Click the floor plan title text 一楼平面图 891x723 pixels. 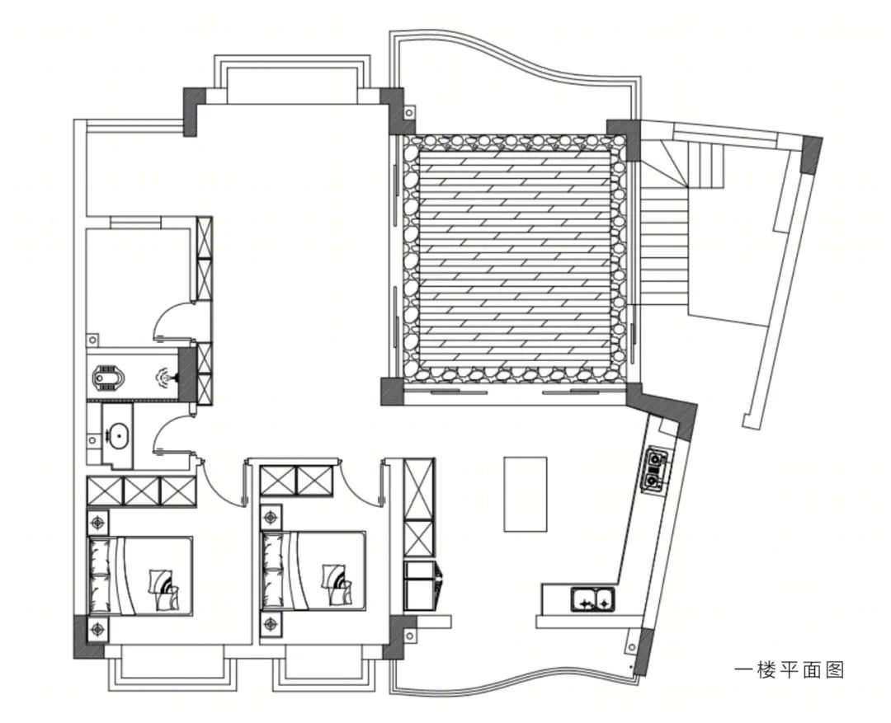tap(789, 670)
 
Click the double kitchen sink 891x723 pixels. tap(593, 600)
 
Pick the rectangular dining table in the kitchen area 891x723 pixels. tap(525, 494)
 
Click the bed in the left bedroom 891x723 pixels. tap(140, 575)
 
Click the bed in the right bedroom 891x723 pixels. tap(313, 571)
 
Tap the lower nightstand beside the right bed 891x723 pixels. tap(271, 624)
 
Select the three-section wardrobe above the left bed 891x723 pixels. tap(142, 491)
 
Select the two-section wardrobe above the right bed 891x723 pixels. tap(296, 481)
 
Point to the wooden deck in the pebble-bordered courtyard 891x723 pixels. tap(514, 258)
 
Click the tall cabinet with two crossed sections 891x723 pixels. tap(419, 508)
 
